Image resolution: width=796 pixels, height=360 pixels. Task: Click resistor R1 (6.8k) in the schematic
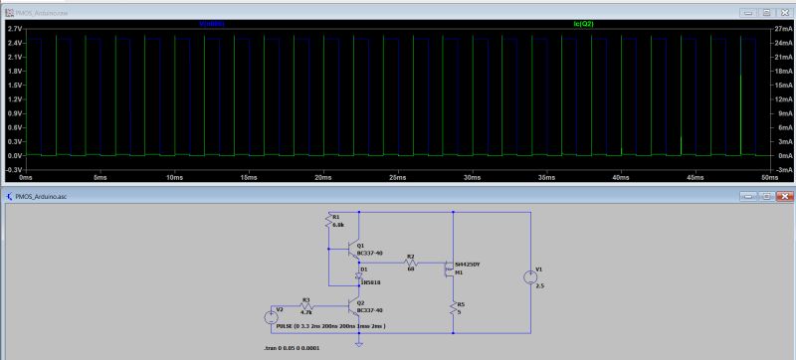[329, 222]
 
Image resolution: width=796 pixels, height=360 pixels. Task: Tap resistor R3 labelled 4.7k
[307, 306]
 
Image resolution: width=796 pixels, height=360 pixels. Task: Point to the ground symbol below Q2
[359, 344]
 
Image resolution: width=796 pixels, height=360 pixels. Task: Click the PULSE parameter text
[330, 325]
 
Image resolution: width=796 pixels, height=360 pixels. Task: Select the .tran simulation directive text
[288, 349]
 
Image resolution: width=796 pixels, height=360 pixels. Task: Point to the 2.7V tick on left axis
[15, 30]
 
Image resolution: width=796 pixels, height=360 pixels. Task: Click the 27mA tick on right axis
[782, 30]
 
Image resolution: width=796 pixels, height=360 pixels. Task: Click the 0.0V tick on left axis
[15, 156]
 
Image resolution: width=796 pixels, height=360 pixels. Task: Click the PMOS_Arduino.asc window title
[41, 196]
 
